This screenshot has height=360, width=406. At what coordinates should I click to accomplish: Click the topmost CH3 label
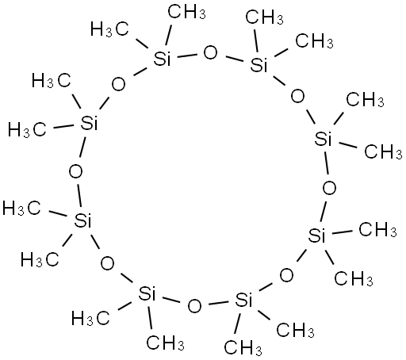pos(186,13)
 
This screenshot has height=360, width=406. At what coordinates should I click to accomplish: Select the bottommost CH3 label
pos(243,347)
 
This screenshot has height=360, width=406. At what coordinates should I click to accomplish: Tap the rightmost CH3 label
pos(383,151)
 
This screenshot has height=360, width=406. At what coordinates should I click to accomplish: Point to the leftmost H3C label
pos(21,208)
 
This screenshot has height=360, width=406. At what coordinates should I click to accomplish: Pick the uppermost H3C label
pos(109,29)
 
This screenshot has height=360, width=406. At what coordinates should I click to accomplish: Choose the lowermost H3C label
pos(90,318)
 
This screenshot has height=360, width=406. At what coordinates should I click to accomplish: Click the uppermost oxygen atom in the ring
pos(210,52)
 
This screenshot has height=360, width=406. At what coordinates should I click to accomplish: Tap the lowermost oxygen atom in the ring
pos(194,306)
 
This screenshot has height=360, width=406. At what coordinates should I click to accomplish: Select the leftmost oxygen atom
pos(75,172)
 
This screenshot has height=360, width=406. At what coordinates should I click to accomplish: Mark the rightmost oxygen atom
pos(329,188)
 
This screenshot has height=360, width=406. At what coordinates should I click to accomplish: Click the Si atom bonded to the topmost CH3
pos(162,59)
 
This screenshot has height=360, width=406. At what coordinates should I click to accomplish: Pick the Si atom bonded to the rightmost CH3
pos(323,139)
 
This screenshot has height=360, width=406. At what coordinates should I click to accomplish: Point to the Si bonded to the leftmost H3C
pos(82,220)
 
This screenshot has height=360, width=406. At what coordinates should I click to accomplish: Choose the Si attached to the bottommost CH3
pos(243,301)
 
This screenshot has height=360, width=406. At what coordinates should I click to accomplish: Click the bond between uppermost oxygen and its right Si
pos(235,59)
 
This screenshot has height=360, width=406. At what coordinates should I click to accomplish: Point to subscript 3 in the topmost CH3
pos(202,15)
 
